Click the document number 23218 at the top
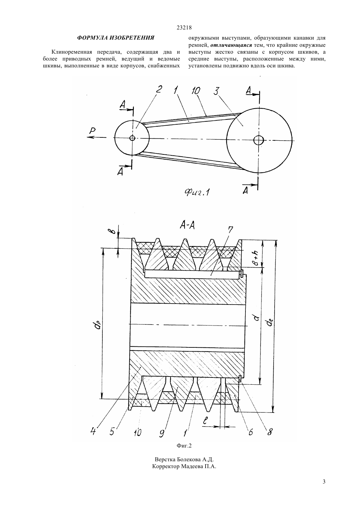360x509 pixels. coord(184,28)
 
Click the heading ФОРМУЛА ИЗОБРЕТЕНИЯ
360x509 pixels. coord(116,38)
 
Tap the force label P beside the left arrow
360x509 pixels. coord(93,131)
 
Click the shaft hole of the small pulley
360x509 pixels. coord(132,138)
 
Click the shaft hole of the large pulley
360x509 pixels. coord(259,140)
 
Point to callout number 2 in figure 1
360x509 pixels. coord(159,89)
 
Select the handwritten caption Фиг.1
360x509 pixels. coord(197,193)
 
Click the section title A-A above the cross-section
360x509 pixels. coord(187,225)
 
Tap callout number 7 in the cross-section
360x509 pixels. coord(230,230)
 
